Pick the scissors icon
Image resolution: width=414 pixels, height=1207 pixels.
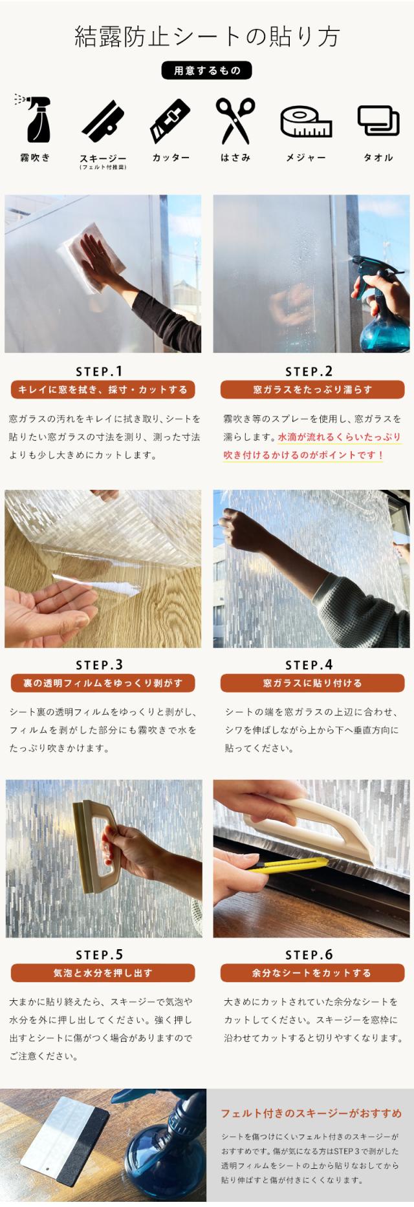point(235,121)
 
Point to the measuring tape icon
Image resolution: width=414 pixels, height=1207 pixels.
point(306,121)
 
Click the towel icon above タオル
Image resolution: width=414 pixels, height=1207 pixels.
point(378,120)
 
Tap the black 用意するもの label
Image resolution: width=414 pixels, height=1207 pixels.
point(206,70)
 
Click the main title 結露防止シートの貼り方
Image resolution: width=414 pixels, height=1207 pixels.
point(207,37)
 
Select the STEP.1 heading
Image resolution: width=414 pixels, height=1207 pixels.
point(99,372)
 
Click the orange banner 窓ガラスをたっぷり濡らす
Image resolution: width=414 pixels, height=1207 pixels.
point(312,390)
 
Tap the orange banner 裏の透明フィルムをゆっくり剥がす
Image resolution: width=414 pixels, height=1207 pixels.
point(103,683)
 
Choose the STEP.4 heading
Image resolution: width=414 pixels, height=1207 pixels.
point(309,665)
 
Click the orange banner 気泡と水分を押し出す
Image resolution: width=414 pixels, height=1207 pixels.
point(103,973)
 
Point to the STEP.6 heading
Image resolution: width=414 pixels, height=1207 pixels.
point(309,955)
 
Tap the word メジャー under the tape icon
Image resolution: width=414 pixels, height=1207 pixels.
point(306,158)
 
